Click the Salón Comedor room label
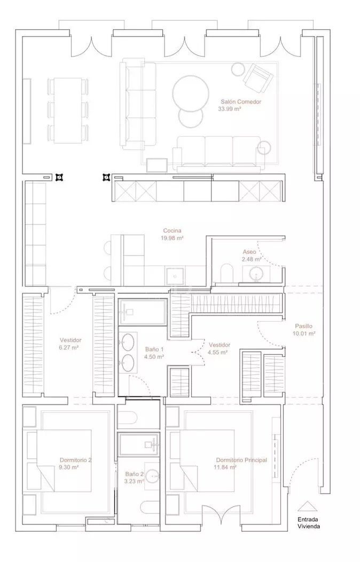coord(241,102)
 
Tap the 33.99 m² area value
coord(230,109)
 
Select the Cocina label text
coord(173,230)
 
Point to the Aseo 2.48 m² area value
coord(252,259)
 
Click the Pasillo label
coord(304,326)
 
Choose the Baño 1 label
coord(154,349)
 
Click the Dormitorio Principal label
coord(241,460)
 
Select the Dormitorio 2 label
coord(76,460)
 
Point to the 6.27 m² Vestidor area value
coord(69,347)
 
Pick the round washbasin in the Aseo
coord(256,274)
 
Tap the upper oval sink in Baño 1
coord(128,342)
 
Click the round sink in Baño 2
coord(153,475)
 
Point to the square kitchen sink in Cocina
coord(175,276)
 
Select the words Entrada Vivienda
coord(308,523)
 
